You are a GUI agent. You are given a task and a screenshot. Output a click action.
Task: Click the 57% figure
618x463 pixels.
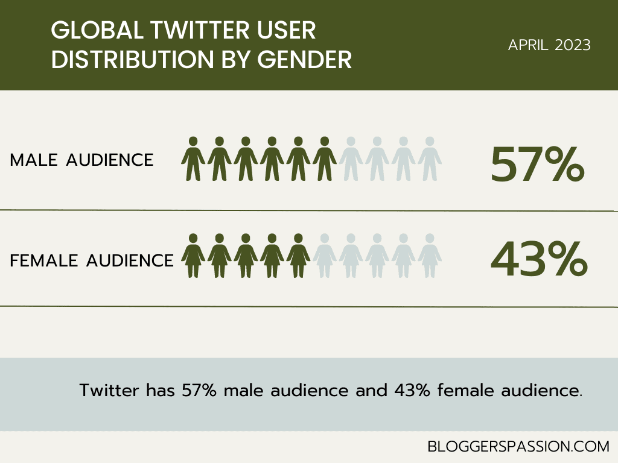coord(537,165)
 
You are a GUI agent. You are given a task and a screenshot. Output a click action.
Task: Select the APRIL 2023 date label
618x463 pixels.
coord(549,45)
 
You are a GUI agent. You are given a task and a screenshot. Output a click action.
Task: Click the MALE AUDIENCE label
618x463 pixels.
coord(82,160)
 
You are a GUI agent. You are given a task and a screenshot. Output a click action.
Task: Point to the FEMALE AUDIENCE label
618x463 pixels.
coord(92,260)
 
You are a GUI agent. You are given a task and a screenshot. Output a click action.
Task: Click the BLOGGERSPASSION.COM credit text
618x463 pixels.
coord(518,447)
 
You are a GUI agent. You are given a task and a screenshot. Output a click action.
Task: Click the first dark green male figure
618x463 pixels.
coord(193,159)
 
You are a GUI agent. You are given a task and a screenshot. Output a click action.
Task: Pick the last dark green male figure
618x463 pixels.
coord(325,159)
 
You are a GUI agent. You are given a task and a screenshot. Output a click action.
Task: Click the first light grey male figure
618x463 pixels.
coord(351,159)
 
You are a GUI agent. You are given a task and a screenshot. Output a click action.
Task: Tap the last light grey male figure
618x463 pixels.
coord(430,159)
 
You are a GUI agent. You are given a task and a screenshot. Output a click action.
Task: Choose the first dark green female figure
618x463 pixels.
coord(193,256)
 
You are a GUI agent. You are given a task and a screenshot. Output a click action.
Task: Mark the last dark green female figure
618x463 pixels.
coord(298,256)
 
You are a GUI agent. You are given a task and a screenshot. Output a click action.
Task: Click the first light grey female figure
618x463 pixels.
coord(324,256)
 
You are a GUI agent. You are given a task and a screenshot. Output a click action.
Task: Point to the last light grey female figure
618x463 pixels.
coord(430,256)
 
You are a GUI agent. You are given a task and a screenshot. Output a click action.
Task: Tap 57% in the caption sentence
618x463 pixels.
coord(200,390)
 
